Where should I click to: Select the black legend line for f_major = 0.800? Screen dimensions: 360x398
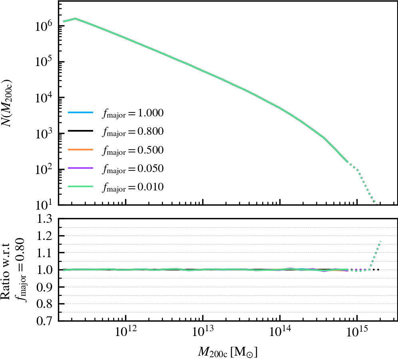[x=80, y=131]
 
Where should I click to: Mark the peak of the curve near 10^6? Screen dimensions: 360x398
[x=75, y=18]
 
